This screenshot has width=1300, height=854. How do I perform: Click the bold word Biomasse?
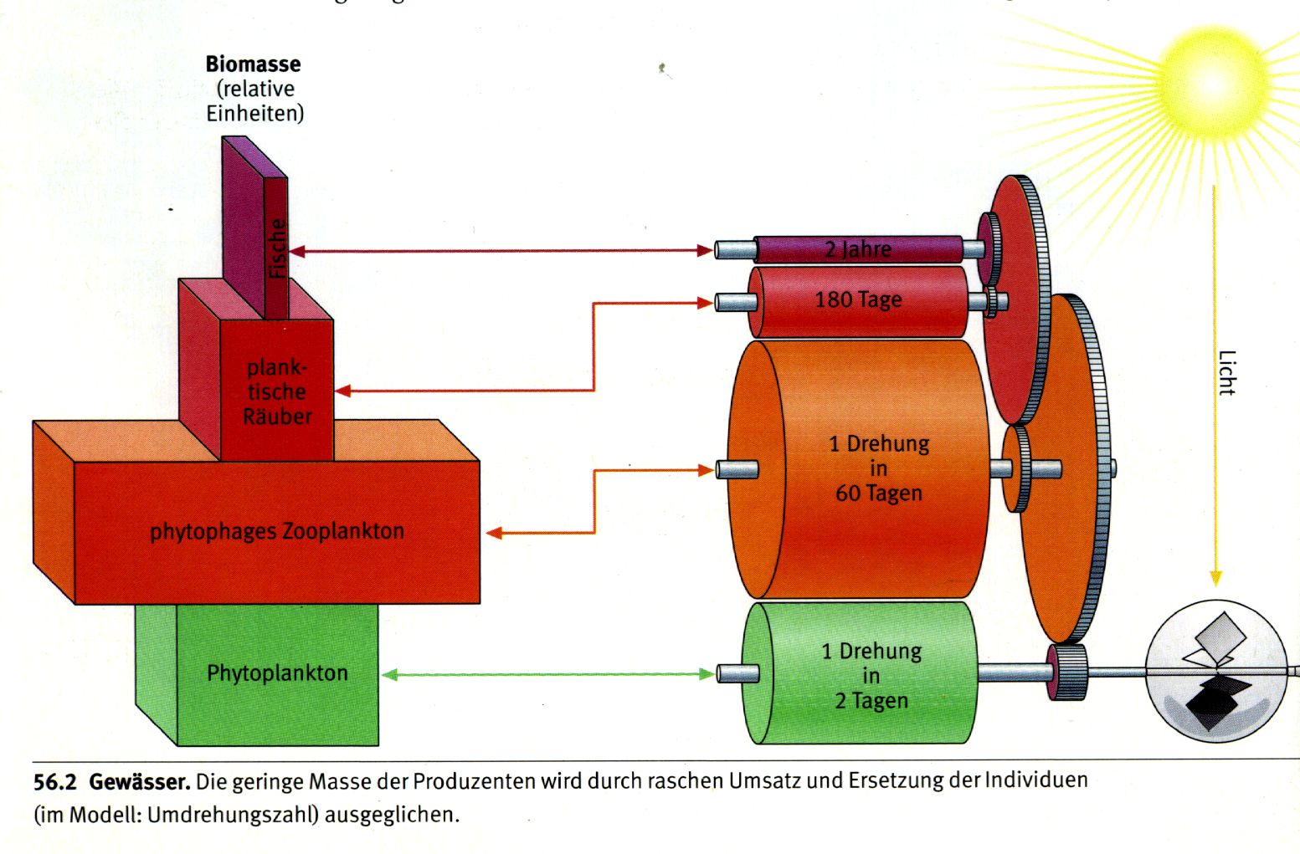(253, 64)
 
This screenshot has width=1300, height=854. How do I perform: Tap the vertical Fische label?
(277, 248)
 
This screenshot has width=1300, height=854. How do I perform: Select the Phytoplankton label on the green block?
(277, 673)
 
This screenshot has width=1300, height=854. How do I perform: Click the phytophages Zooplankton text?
(276, 531)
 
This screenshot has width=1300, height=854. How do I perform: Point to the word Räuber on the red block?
(277, 417)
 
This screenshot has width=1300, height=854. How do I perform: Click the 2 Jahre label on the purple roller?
(858, 249)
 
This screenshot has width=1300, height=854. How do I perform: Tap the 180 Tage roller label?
(858, 299)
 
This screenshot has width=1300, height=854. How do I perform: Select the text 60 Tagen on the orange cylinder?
(878, 493)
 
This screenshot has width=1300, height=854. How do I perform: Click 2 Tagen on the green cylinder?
(871, 701)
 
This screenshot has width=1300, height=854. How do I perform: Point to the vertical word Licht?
(1226, 373)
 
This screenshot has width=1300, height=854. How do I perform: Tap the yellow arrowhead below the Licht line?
(1215, 578)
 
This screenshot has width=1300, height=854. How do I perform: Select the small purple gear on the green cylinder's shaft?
(1067, 672)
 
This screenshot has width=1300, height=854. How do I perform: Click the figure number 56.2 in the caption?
(55, 783)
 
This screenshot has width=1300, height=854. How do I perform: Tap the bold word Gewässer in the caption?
(139, 783)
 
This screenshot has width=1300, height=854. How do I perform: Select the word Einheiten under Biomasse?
(254, 114)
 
